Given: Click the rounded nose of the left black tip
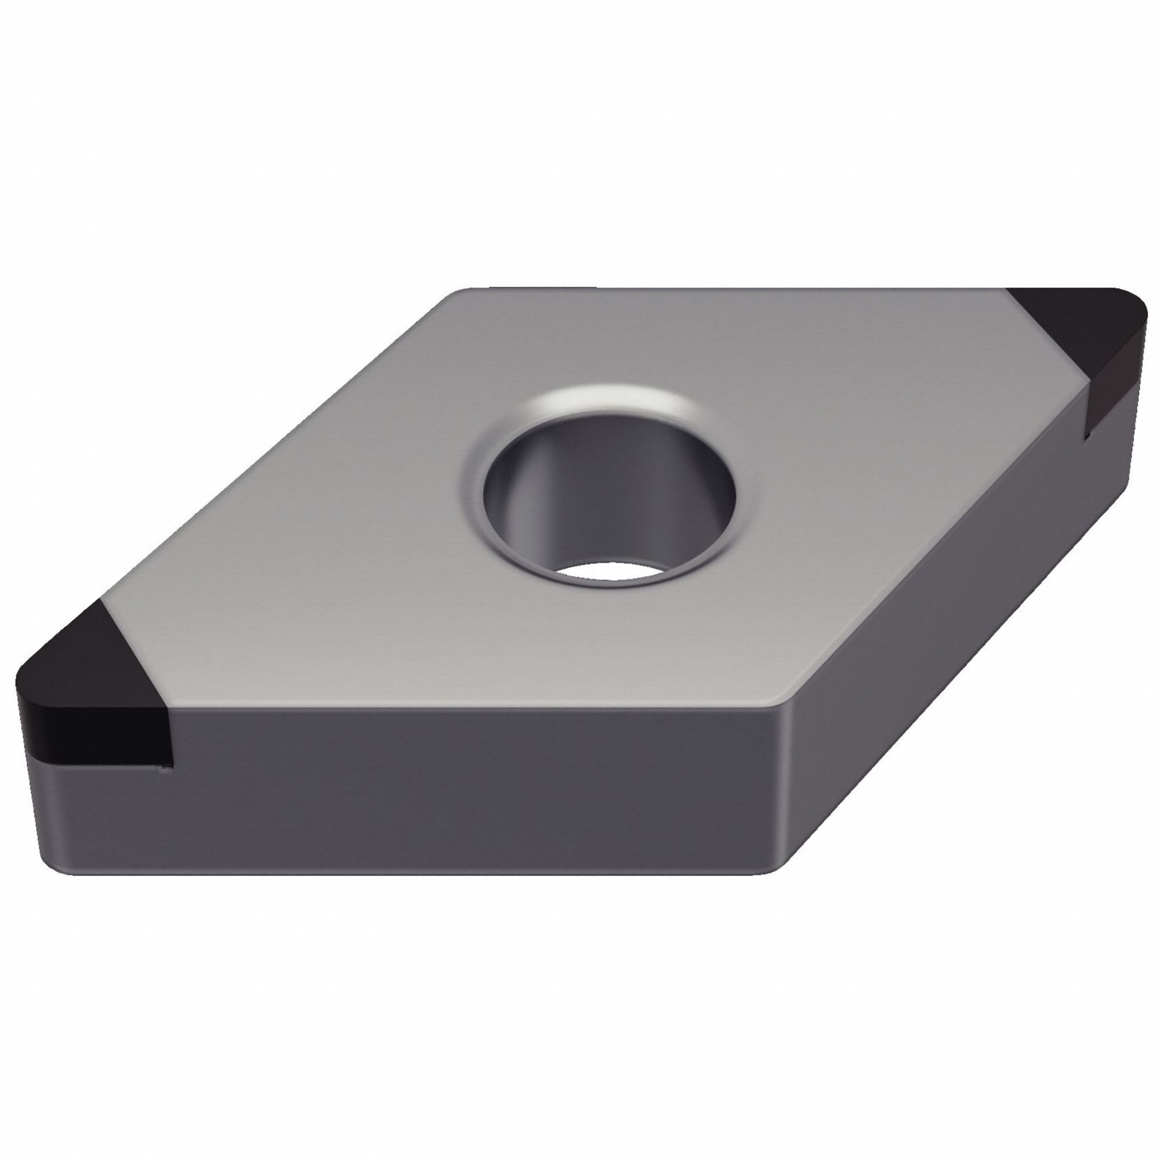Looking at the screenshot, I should [21, 709].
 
